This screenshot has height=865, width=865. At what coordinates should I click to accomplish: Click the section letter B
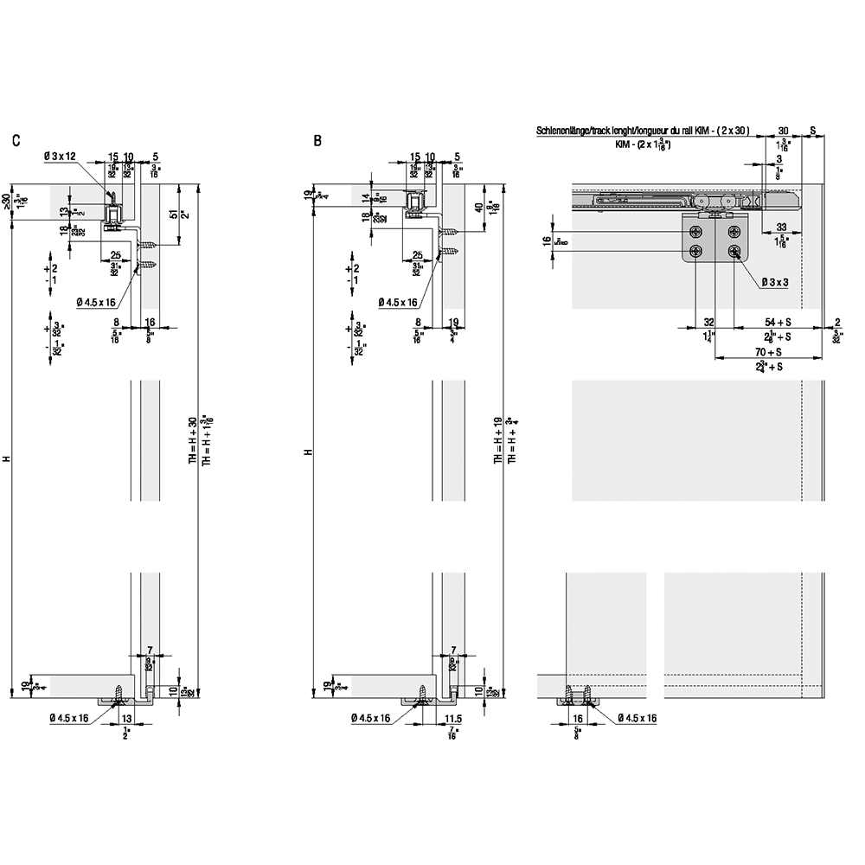pos(318,140)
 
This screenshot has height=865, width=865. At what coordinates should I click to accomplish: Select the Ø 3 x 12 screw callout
pos(60,157)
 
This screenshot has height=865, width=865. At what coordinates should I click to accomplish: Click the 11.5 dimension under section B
pos(453,719)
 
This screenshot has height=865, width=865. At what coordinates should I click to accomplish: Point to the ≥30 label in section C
pos(6,201)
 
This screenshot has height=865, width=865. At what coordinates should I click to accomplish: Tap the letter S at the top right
pos(813,131)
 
